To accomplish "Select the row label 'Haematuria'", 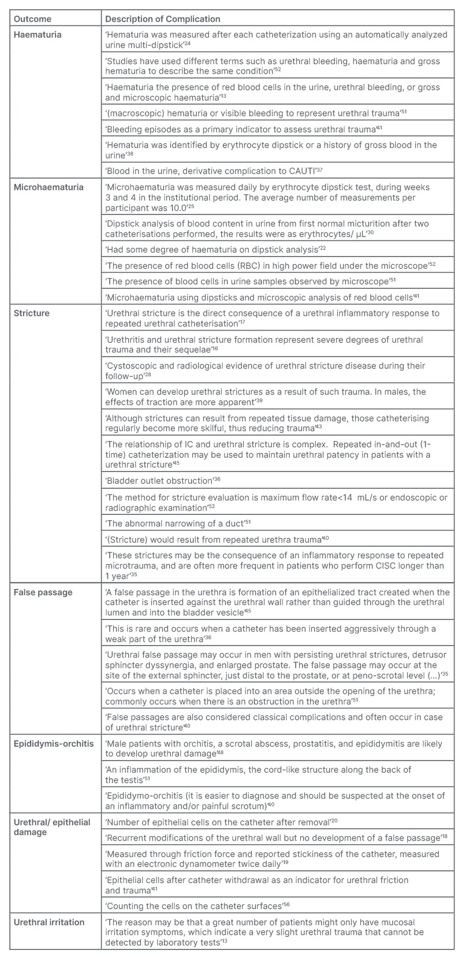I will [x=38, y=35].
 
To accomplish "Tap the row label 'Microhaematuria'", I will [x=49, y=187].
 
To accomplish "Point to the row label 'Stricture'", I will [x=32, y=313].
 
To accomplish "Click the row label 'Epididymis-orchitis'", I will [x=54, y=743].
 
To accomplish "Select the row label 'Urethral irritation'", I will [x=49, y=922].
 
